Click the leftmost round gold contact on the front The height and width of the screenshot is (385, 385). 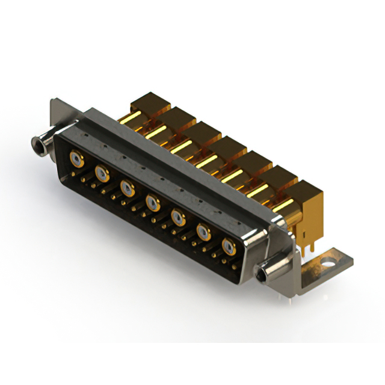[76, 159]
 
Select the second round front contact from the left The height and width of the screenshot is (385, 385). [102, 174]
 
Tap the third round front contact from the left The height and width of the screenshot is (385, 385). [127, 188]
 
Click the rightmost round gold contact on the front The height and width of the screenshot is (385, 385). [229, 245]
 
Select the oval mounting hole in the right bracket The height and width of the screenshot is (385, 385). [328, 262]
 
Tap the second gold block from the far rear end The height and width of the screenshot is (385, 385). [174, 116]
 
